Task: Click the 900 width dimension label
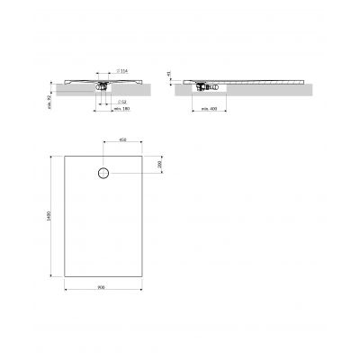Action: point(104,288)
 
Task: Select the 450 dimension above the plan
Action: point(122,140)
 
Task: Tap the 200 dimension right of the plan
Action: point(159,166)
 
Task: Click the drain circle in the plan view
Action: point(103,172)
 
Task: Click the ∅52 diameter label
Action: point(122,103)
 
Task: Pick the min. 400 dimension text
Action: point(210,110)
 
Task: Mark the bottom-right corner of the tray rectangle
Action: point(144,276)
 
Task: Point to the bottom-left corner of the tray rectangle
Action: point(64,276)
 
